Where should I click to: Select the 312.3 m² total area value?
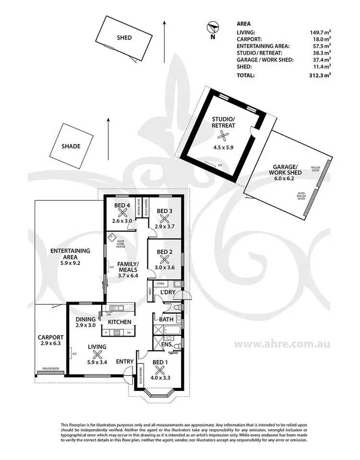click(320, 75)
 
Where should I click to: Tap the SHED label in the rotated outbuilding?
click(124, 38)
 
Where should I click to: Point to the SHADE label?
click(71, 146)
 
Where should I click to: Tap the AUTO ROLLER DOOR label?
click(302, 196)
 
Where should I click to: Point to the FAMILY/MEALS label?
click(128, 267)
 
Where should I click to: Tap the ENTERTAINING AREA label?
click(71, 254)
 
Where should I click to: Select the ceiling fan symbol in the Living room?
click(97, 354)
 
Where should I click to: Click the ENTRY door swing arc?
click(128, 373)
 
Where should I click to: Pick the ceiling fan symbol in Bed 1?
click(160, 370)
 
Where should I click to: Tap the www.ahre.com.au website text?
click(281, 344)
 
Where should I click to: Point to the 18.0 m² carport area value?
click(321, 40)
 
